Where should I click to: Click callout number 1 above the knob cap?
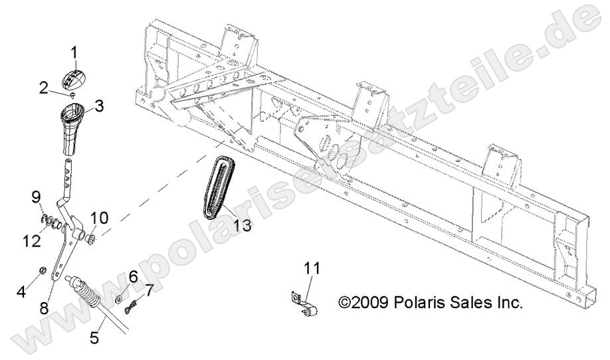[74, 51]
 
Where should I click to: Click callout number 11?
[313, 268]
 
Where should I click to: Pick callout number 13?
[242, 225]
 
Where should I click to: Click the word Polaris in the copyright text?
[416, 303]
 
